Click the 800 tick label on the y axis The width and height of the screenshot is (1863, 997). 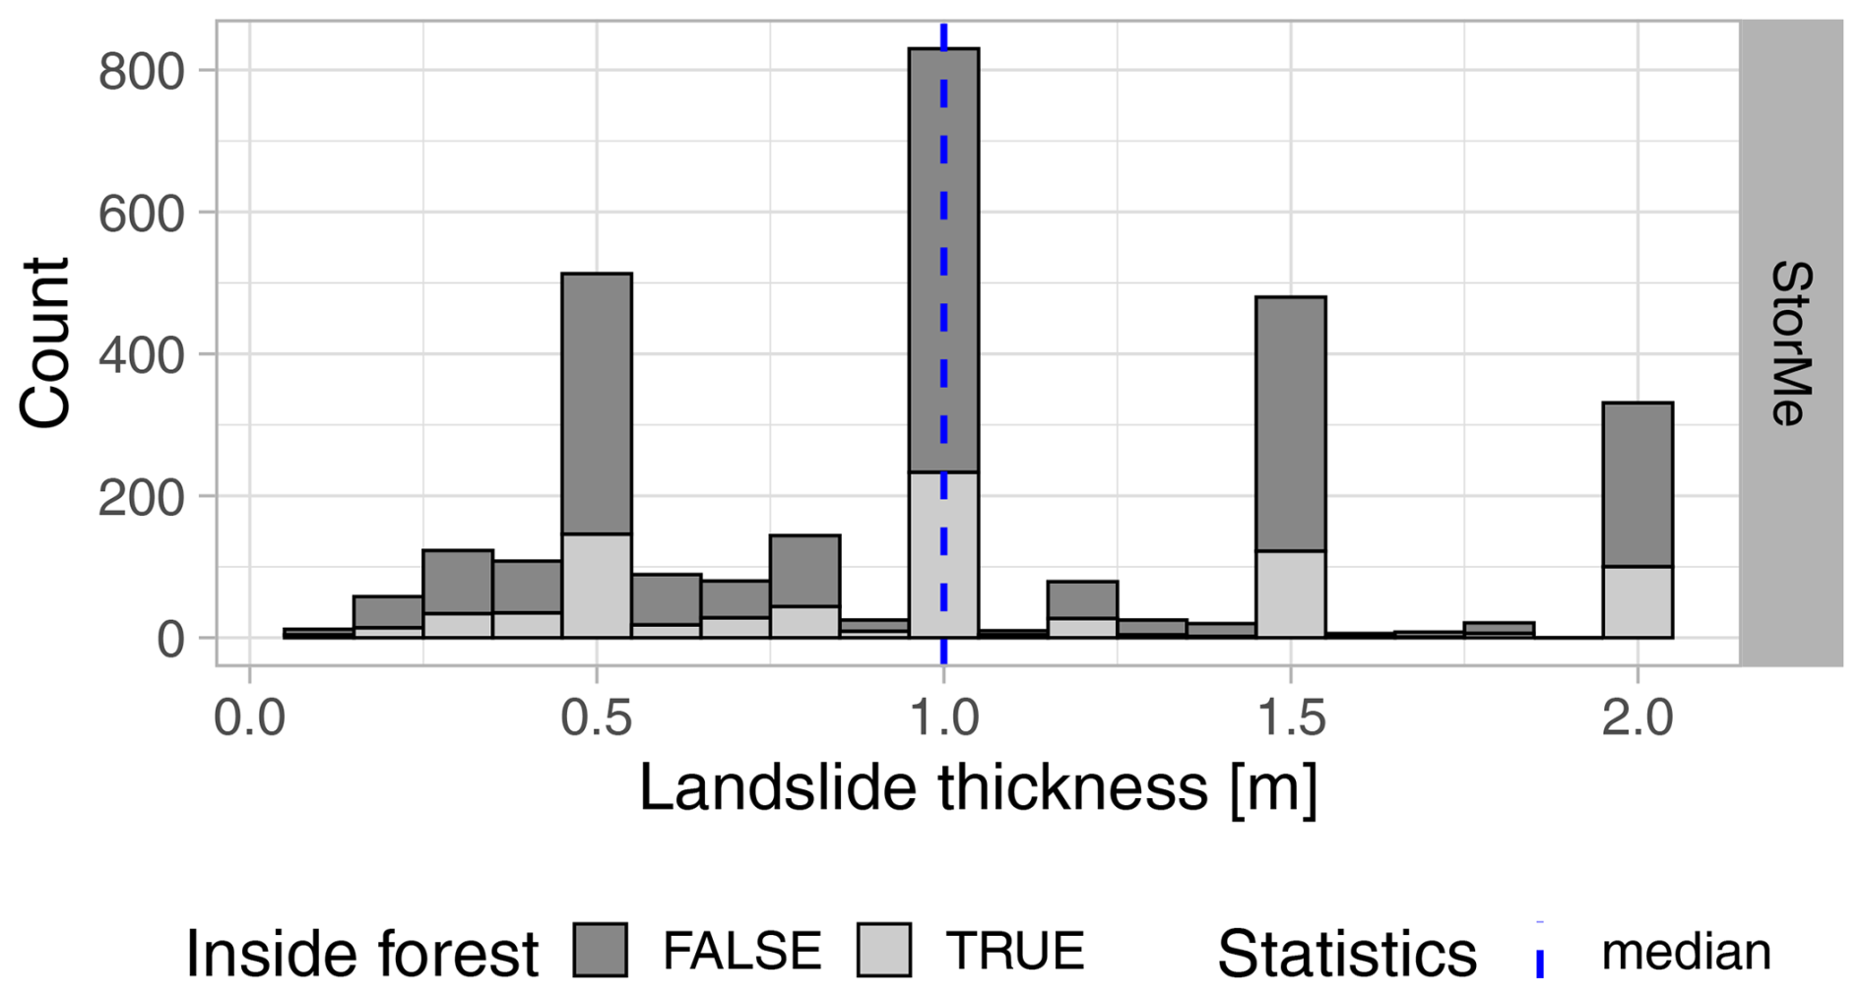[x=142, y=72]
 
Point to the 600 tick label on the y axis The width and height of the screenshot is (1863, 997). [x=142, y=215]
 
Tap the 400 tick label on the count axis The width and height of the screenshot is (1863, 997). [x=142, y=355]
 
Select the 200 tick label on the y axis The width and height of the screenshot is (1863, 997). [x=142, y=498]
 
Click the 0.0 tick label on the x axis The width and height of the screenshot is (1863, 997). [x=250, y=717]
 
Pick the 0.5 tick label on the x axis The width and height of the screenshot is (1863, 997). [x=597, y=717]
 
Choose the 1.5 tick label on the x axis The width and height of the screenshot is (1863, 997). [x=1291, y=717]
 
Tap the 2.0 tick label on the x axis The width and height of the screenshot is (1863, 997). [x=1638, y=717]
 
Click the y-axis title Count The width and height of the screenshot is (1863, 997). [x=45, y=343]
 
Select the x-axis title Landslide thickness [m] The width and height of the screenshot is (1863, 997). [x=978, y=788]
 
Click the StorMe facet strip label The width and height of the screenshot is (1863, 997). [x=1791, y=343]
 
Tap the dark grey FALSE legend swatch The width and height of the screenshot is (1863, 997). [x=601, y=950]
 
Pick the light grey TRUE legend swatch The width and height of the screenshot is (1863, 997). [x=884, y=950]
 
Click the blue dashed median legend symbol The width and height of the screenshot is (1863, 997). [x=1540, y=950]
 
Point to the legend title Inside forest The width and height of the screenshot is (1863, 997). [x=362, y=953]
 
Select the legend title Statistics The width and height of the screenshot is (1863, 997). [x=1347, y=953]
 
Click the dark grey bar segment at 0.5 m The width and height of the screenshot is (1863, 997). [x=597, y=404]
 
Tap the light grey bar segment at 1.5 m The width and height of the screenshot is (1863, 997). [x=1291, y=594]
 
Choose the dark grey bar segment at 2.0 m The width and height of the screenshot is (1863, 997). [x=1638, y=484]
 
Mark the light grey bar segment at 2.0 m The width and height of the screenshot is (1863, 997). [x=1638, y=602]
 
